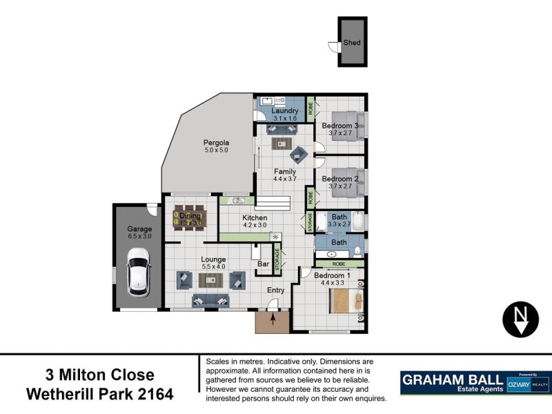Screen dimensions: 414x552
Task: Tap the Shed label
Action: point(352,43)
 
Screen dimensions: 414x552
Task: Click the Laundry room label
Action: point(284,110)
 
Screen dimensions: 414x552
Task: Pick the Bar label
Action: point(262,264)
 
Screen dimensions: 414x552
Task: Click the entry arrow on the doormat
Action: point(273,319)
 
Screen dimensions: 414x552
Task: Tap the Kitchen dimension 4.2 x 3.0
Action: point(254,225)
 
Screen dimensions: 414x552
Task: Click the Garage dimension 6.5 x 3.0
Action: point(139,236)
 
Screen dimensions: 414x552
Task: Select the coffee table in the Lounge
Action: point(212,279)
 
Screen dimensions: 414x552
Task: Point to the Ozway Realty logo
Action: point(529,384)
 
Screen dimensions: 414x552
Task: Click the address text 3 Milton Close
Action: point(99,375)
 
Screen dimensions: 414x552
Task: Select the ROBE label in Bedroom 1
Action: point(339,264)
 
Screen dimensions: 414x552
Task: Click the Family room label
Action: point(284,172)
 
